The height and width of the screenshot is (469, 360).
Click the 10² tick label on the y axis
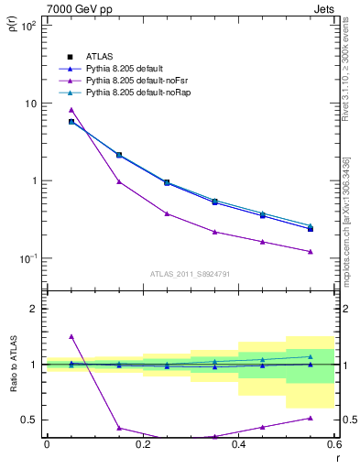pyautogui.click(x=30, y=26)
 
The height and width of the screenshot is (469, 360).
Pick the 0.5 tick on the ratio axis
pyautogui.click(x=31, y=420)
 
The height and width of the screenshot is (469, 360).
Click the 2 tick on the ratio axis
pyautogui.click(x=34, y=309)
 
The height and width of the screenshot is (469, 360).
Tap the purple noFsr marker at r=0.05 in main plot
pyautogui.click(x=71, y=110)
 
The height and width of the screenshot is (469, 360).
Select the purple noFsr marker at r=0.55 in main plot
pyautogui.click(x=311, y=252)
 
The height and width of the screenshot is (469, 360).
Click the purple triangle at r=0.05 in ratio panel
pyautogui.click(x=71, y=336)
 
